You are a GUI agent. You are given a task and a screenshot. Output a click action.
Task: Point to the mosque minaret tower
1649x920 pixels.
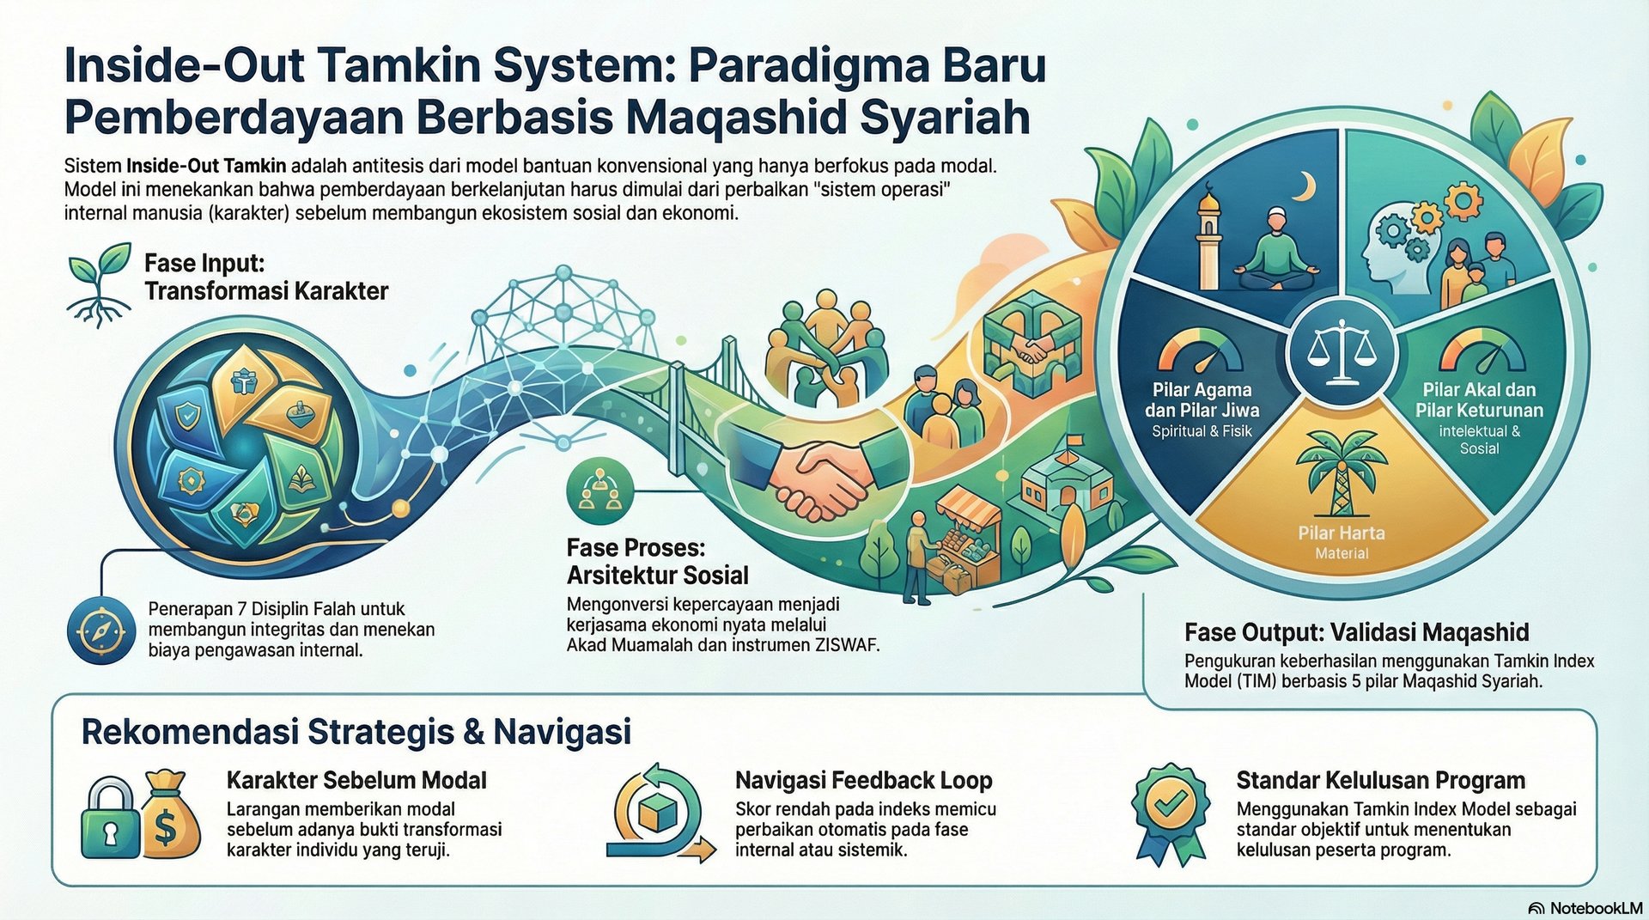tap(1208, 241)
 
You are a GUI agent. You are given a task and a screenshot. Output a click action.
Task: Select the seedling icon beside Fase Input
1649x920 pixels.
tap(99, 284)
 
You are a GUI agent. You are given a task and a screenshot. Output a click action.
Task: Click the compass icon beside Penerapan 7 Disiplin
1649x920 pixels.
tap(101, 631)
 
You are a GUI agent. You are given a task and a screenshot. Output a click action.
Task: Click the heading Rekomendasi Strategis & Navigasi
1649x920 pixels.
tap(356, 732)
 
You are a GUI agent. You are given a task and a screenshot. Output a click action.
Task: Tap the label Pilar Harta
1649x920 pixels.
tap(1341, 533)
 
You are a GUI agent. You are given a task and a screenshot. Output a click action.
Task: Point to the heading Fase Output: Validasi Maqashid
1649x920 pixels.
tap(1356, 633)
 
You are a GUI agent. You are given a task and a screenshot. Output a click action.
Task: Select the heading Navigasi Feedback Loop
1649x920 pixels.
tap(863, 780)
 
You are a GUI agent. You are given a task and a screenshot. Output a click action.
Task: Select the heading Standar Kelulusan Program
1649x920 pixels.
tap(1380, 780)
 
